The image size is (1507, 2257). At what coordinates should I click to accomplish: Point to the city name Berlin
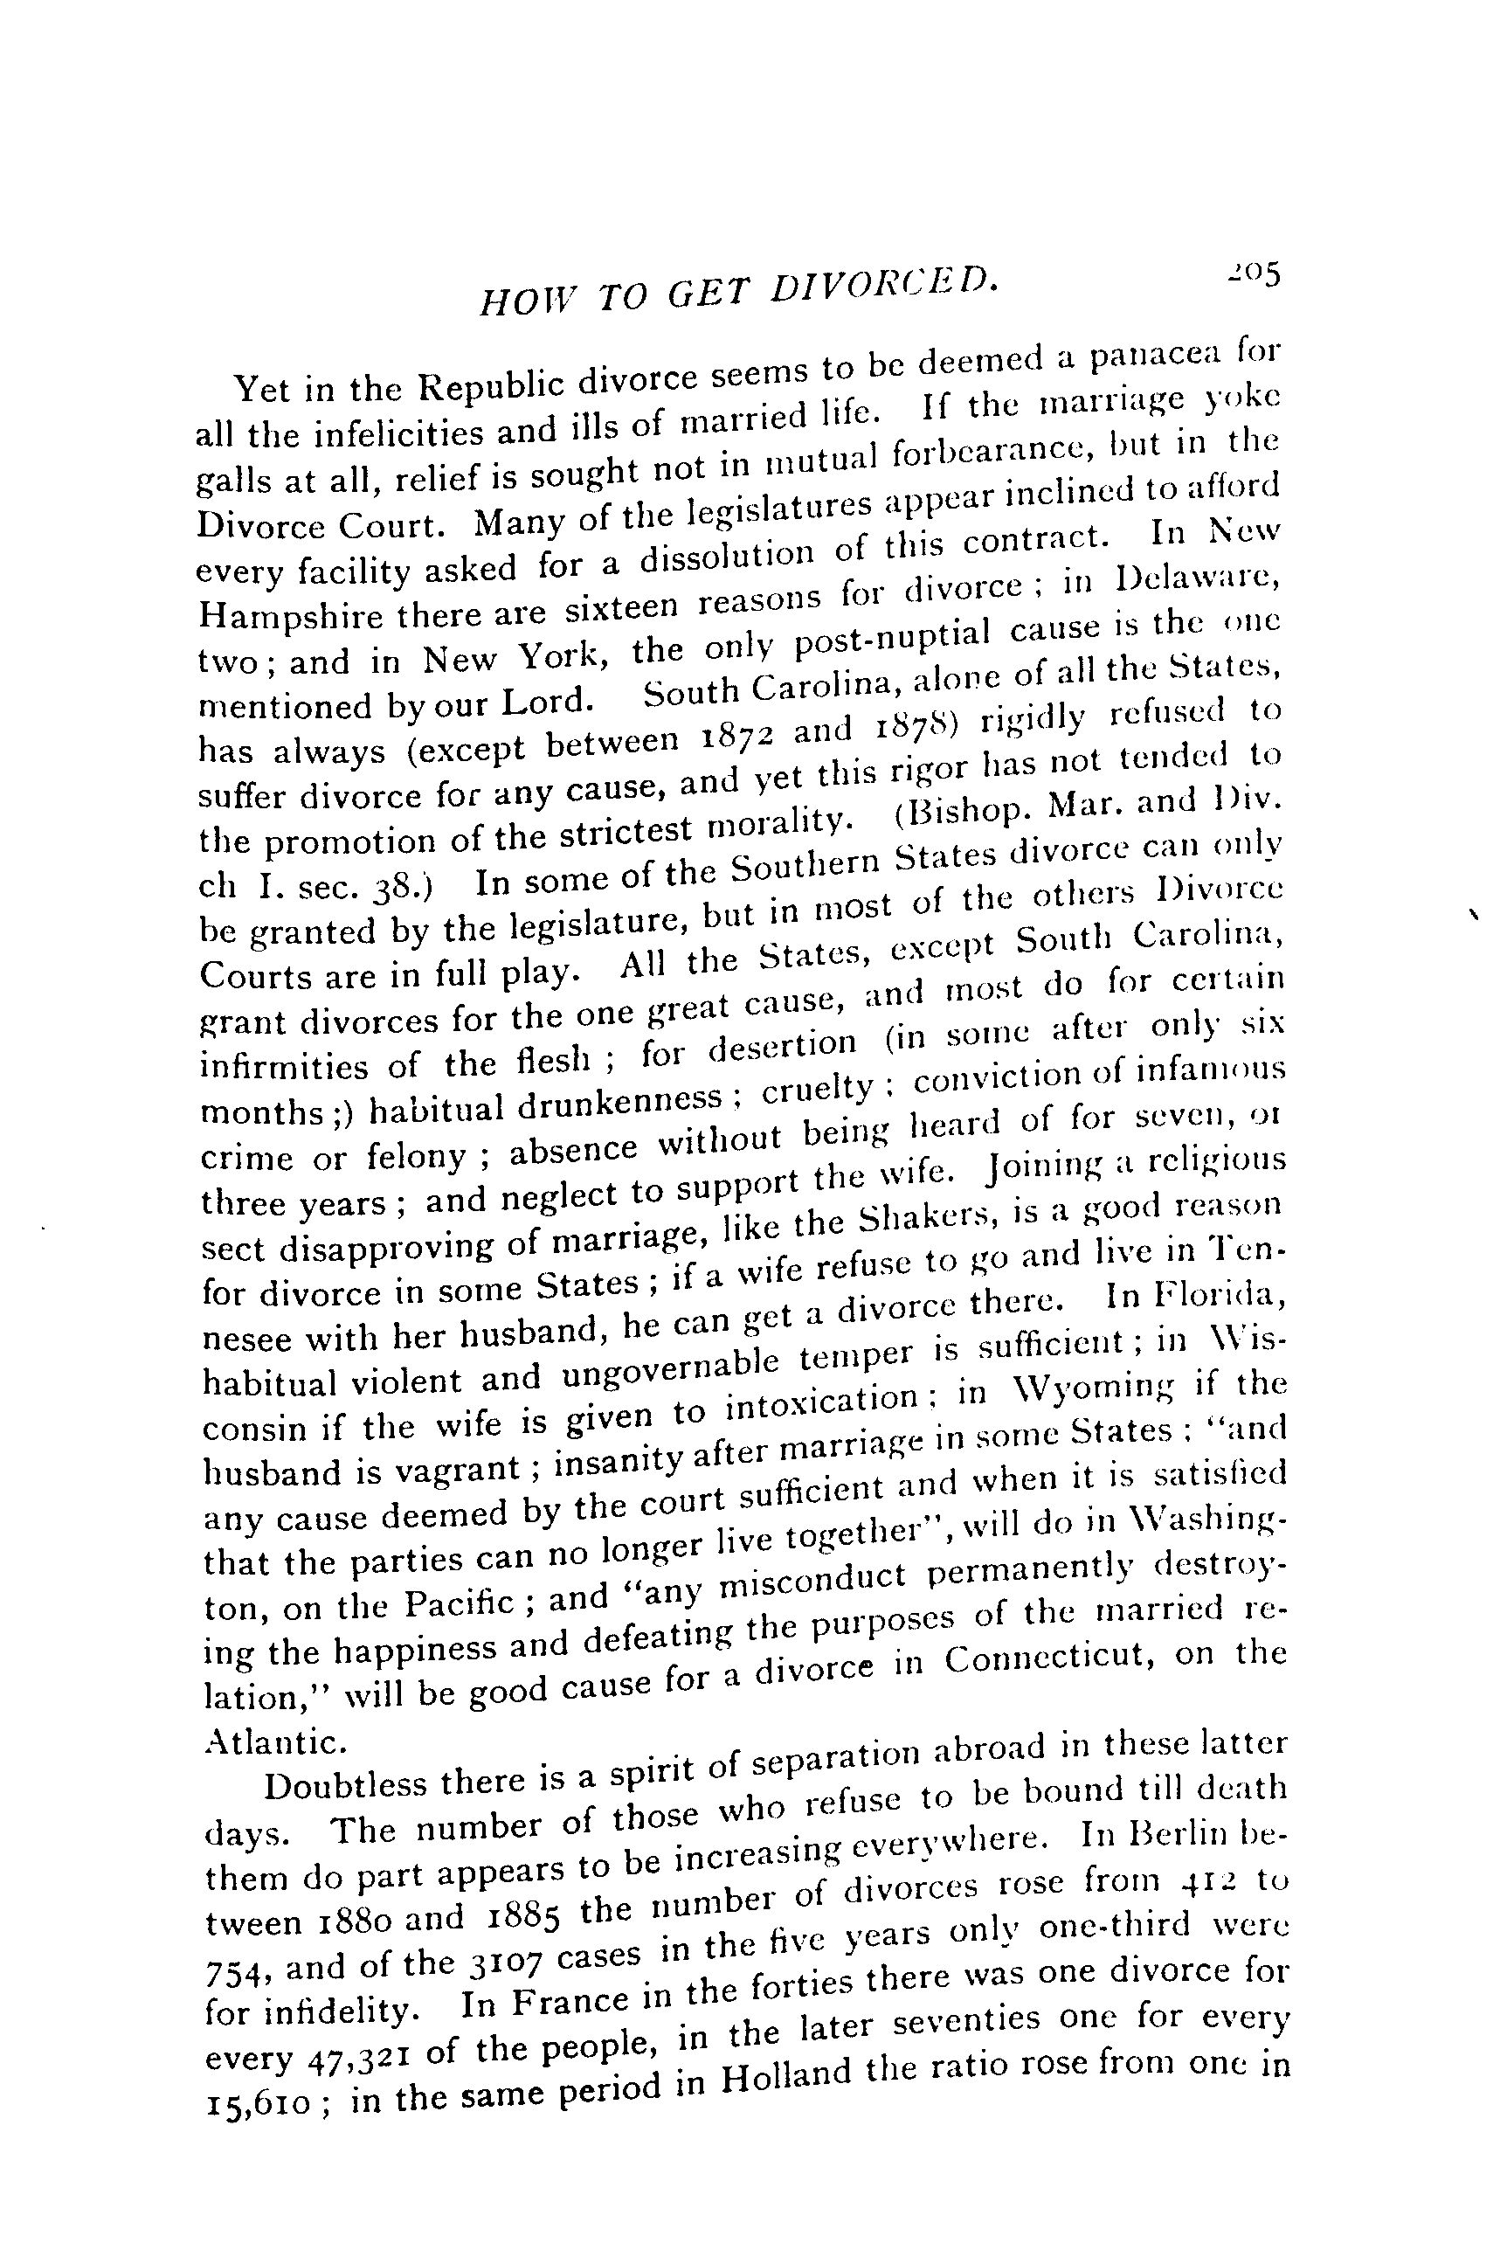tap(1179, 1832)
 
